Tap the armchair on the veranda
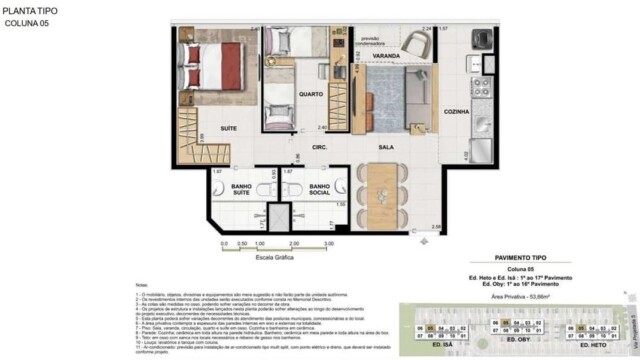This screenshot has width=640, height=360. (x=420, y=45)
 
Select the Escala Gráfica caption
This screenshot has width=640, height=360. (x=272, y=258)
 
